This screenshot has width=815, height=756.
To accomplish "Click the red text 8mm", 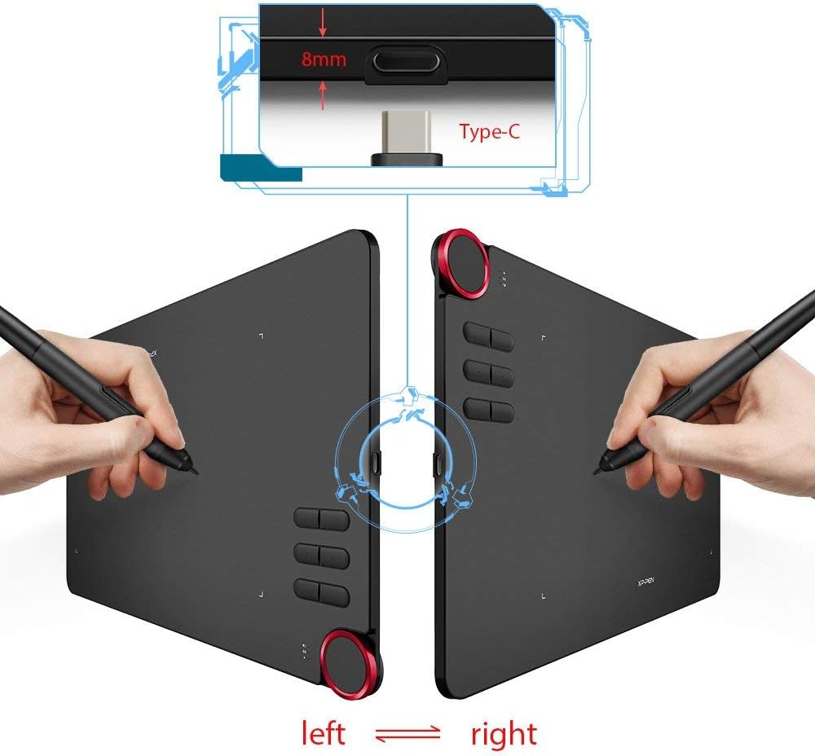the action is (x=324, y=59).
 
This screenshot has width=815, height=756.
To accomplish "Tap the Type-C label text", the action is (x=489, y=131).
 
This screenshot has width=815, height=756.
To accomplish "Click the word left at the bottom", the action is (x=324, y=732).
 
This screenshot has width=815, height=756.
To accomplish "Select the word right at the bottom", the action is (x=504, y=735).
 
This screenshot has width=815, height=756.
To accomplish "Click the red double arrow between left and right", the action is (x=407, y=734).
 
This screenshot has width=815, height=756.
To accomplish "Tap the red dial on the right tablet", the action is (x=461, y=262).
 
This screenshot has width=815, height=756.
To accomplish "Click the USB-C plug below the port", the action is (x=406, y=138).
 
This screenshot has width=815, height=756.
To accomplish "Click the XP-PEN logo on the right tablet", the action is (x=645, y=582).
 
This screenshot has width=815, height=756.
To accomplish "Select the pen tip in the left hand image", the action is (x=195, y=471).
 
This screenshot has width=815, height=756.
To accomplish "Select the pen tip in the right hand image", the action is (x=597, y=471).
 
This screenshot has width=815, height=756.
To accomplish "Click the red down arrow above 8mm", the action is (x=323, y=24).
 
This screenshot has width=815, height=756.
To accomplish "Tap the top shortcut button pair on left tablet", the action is (x=322, y=519).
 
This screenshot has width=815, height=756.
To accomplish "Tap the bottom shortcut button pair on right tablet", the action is (x=488, y=410).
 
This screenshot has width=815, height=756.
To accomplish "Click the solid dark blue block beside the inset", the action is (x=261, y=167).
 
